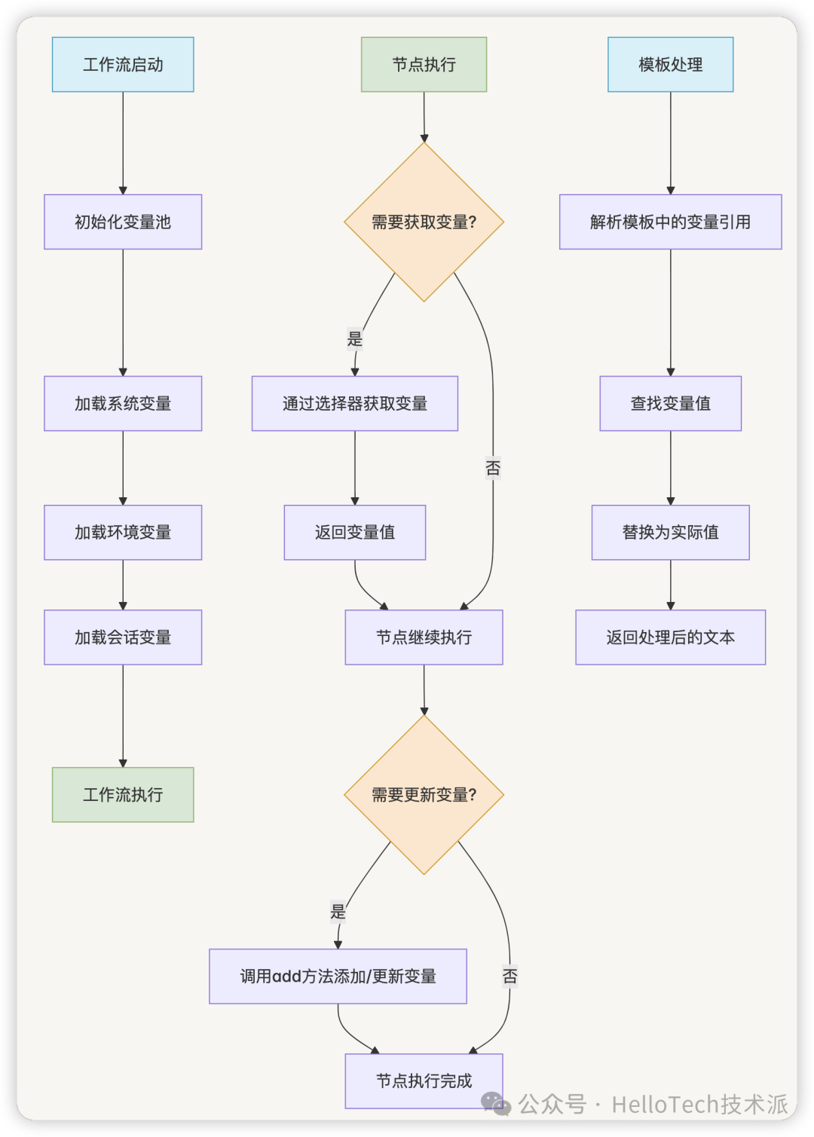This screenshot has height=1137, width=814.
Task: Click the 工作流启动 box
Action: (x=123, y=65)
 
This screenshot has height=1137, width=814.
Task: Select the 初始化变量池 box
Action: (x=123, y=222)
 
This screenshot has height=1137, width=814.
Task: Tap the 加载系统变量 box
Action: (x=123, y=404)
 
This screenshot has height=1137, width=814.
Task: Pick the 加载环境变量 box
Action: (x=123, y=533)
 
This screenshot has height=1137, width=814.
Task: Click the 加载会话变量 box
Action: (x=123, y=637)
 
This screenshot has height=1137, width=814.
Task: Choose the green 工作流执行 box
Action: (x=123, y=795)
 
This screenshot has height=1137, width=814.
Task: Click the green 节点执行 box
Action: (x=424, y=65)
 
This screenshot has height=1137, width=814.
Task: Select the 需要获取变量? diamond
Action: (x=424, y=222)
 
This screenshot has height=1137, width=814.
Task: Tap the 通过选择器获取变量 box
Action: (x=355, y=404)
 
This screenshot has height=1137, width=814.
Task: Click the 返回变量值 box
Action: (x=355, y=533)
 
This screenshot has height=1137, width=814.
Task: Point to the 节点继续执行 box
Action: (x=424, y=637)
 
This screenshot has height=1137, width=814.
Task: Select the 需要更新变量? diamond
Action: (x=424, y=795)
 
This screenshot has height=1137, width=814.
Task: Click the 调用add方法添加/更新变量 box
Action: (x=338, y=977)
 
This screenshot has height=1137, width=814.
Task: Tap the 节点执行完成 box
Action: (x=424, y=1081)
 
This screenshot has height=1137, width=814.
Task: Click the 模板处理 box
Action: (x=670, y=65)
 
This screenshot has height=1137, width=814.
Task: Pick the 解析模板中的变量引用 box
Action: (x=670, y=222)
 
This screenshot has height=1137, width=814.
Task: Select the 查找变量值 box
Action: (x=670, y=404)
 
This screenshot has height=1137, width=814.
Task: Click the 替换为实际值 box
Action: (x=670, y=533)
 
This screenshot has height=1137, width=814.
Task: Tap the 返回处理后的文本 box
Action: (x=670, y=637)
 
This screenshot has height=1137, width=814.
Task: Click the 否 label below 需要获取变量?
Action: (x=493, y=468)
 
